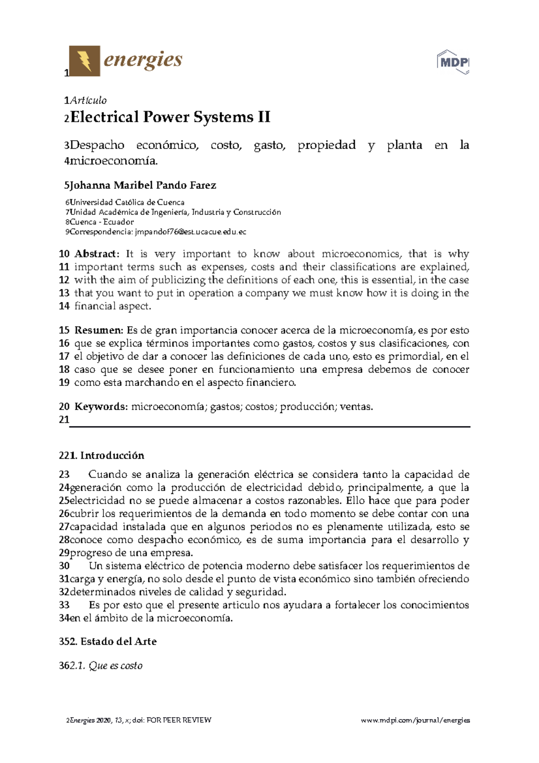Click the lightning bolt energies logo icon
pos(84,61)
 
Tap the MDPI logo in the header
pos(453,62)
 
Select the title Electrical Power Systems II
pos(170,117)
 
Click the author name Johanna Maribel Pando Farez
pos(143,185)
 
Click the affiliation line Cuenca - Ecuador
pos(102,222)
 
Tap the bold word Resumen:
pos(98,330)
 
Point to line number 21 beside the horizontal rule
pos(64,420)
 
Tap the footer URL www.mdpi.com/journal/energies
pos(415,720)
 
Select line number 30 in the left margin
pos(64,566)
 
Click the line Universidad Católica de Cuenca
pos(127,202)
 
